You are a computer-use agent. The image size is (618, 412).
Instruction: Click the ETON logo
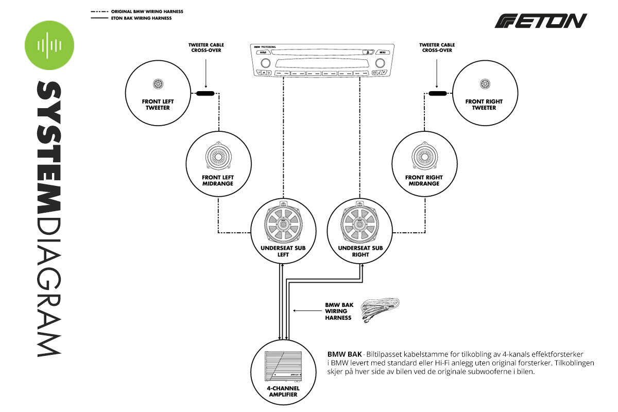[541, 21]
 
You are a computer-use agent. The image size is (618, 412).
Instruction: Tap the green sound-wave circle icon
[49, 45]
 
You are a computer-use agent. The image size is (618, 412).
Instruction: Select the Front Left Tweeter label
[156, 105]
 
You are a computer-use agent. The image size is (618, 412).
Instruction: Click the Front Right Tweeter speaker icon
[484, 84]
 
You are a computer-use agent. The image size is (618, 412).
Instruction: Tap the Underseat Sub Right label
[360, 251]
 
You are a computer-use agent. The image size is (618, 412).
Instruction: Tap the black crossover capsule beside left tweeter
[205, 93]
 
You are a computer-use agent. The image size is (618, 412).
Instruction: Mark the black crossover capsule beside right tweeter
[437, 93]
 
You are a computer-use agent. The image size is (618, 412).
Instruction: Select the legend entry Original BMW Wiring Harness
[147, 11]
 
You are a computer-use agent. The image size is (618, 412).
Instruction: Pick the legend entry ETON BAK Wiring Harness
[141, 18]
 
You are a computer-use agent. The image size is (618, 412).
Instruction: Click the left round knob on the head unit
[265, 63]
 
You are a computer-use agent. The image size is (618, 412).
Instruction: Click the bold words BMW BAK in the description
[344, 354]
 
